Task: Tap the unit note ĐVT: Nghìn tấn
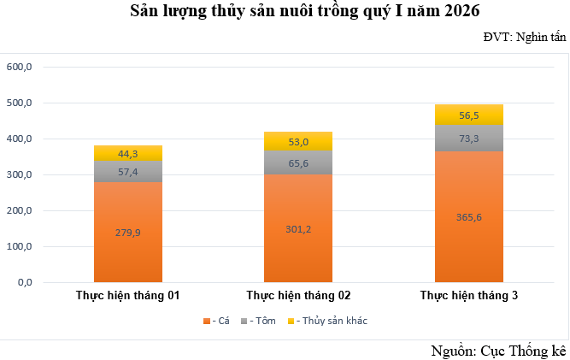[x=525, y=37]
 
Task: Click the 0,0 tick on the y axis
[x=24, y=282]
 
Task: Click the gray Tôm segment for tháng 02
[x=298, y=162]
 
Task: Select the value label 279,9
[x=128, y=232]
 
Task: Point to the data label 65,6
[x=298, y=162]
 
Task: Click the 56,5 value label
[x=469, y=115]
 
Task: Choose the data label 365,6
[x=469, y=216]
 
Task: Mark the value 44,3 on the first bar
[x=128, y=154]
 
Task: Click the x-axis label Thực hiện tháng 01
[x=127, y=296]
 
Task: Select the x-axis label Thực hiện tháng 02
[x=298, y=296]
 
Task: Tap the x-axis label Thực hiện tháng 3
[x=469, y=296]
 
